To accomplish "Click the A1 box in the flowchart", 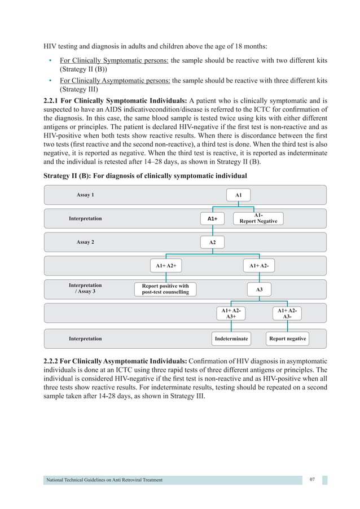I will (238, 195).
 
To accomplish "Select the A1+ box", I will (212, 218).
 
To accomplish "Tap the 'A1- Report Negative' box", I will (258, 218).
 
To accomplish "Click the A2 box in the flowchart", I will (212, 242).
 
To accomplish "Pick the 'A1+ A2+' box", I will (166, 265).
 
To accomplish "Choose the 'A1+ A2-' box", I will (259, 265).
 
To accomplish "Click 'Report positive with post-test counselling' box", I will (165, 289).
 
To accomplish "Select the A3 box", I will (259, 289).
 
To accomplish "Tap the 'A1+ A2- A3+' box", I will (231, 314).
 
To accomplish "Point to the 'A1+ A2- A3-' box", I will (287, 314).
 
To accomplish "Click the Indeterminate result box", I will (231, 339).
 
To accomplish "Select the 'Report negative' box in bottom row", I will (287, 339).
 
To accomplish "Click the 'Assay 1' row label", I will (85, 195).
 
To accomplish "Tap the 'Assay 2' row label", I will (85, 242).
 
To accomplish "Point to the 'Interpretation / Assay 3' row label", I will (85, 288).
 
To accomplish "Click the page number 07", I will (312, 480).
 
